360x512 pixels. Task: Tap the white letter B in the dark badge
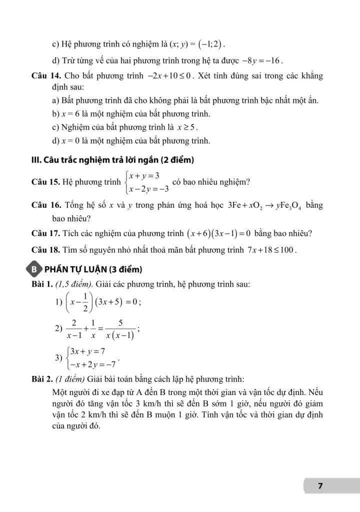(x=34, y=270)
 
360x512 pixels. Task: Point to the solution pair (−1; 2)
(x=203, y=42)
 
